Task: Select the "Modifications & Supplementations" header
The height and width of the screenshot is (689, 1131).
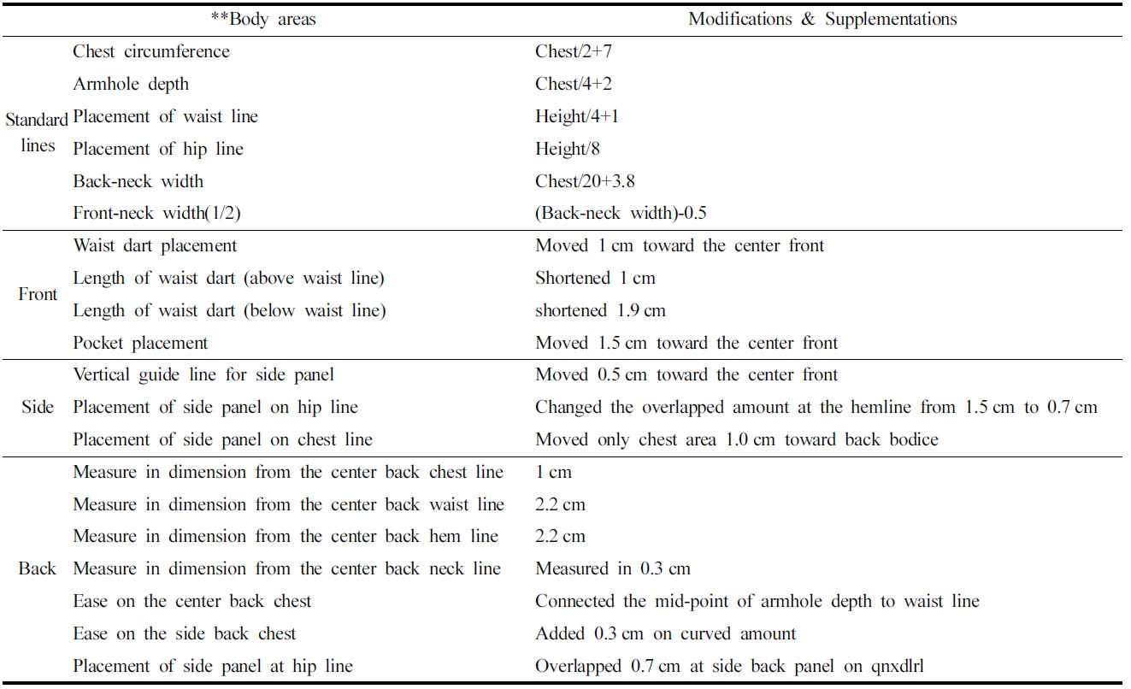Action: click(x=822, y=19)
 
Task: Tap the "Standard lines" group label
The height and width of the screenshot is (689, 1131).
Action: click(x=37, y=132)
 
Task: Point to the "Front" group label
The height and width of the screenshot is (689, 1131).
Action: click(x=38, y=295)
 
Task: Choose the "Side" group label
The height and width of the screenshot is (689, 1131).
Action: click(x=38, y=408)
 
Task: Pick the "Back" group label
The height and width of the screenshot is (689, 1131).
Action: click(x=38, y=569)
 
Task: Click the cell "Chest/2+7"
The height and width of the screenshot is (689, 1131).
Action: click(x=573, y=51)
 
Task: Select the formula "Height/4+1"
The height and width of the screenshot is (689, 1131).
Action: click(x=577, y=116)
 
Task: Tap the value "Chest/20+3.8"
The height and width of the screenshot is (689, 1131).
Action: click(x=585, y=181)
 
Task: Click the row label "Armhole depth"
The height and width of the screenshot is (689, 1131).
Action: click(x=131, y=84)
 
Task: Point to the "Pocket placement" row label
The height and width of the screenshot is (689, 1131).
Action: click(x=140, y=344)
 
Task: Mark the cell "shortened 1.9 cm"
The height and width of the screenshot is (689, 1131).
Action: click(x=600, y=311)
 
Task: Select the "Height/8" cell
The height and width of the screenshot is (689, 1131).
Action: click(x=568, y=149)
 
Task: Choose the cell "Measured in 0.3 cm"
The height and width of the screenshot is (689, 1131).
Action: click(x=612, y=569)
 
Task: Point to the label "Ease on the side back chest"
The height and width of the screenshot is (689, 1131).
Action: click(x=185, y=634)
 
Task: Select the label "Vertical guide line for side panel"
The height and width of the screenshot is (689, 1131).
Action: click(x=203, y=375)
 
